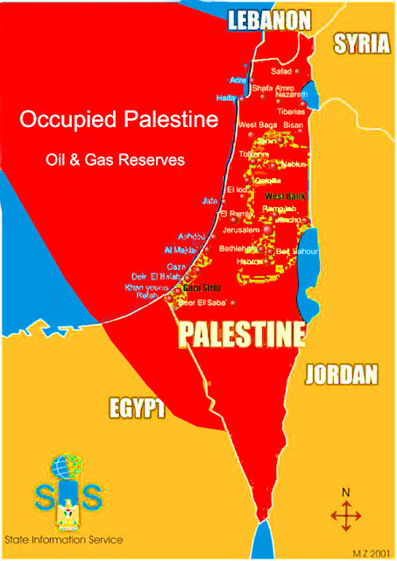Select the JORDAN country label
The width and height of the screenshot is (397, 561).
pos(342,375)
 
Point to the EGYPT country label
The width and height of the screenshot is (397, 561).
pos(138,408)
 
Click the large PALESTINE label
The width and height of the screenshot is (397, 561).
pos(242,334)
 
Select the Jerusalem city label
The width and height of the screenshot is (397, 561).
pos(242,229)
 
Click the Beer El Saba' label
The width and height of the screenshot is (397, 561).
pos(202,302)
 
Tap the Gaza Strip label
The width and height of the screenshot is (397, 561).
pos(202,288)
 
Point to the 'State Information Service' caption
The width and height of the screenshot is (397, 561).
pos(63,539)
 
